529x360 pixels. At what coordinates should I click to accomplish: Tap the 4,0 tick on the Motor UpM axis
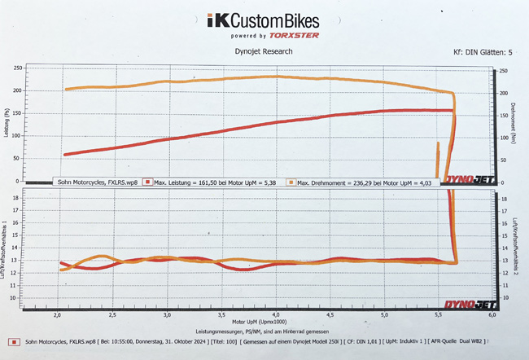pos(277,314)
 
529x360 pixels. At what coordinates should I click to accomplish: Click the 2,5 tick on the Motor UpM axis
pos(112,314)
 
